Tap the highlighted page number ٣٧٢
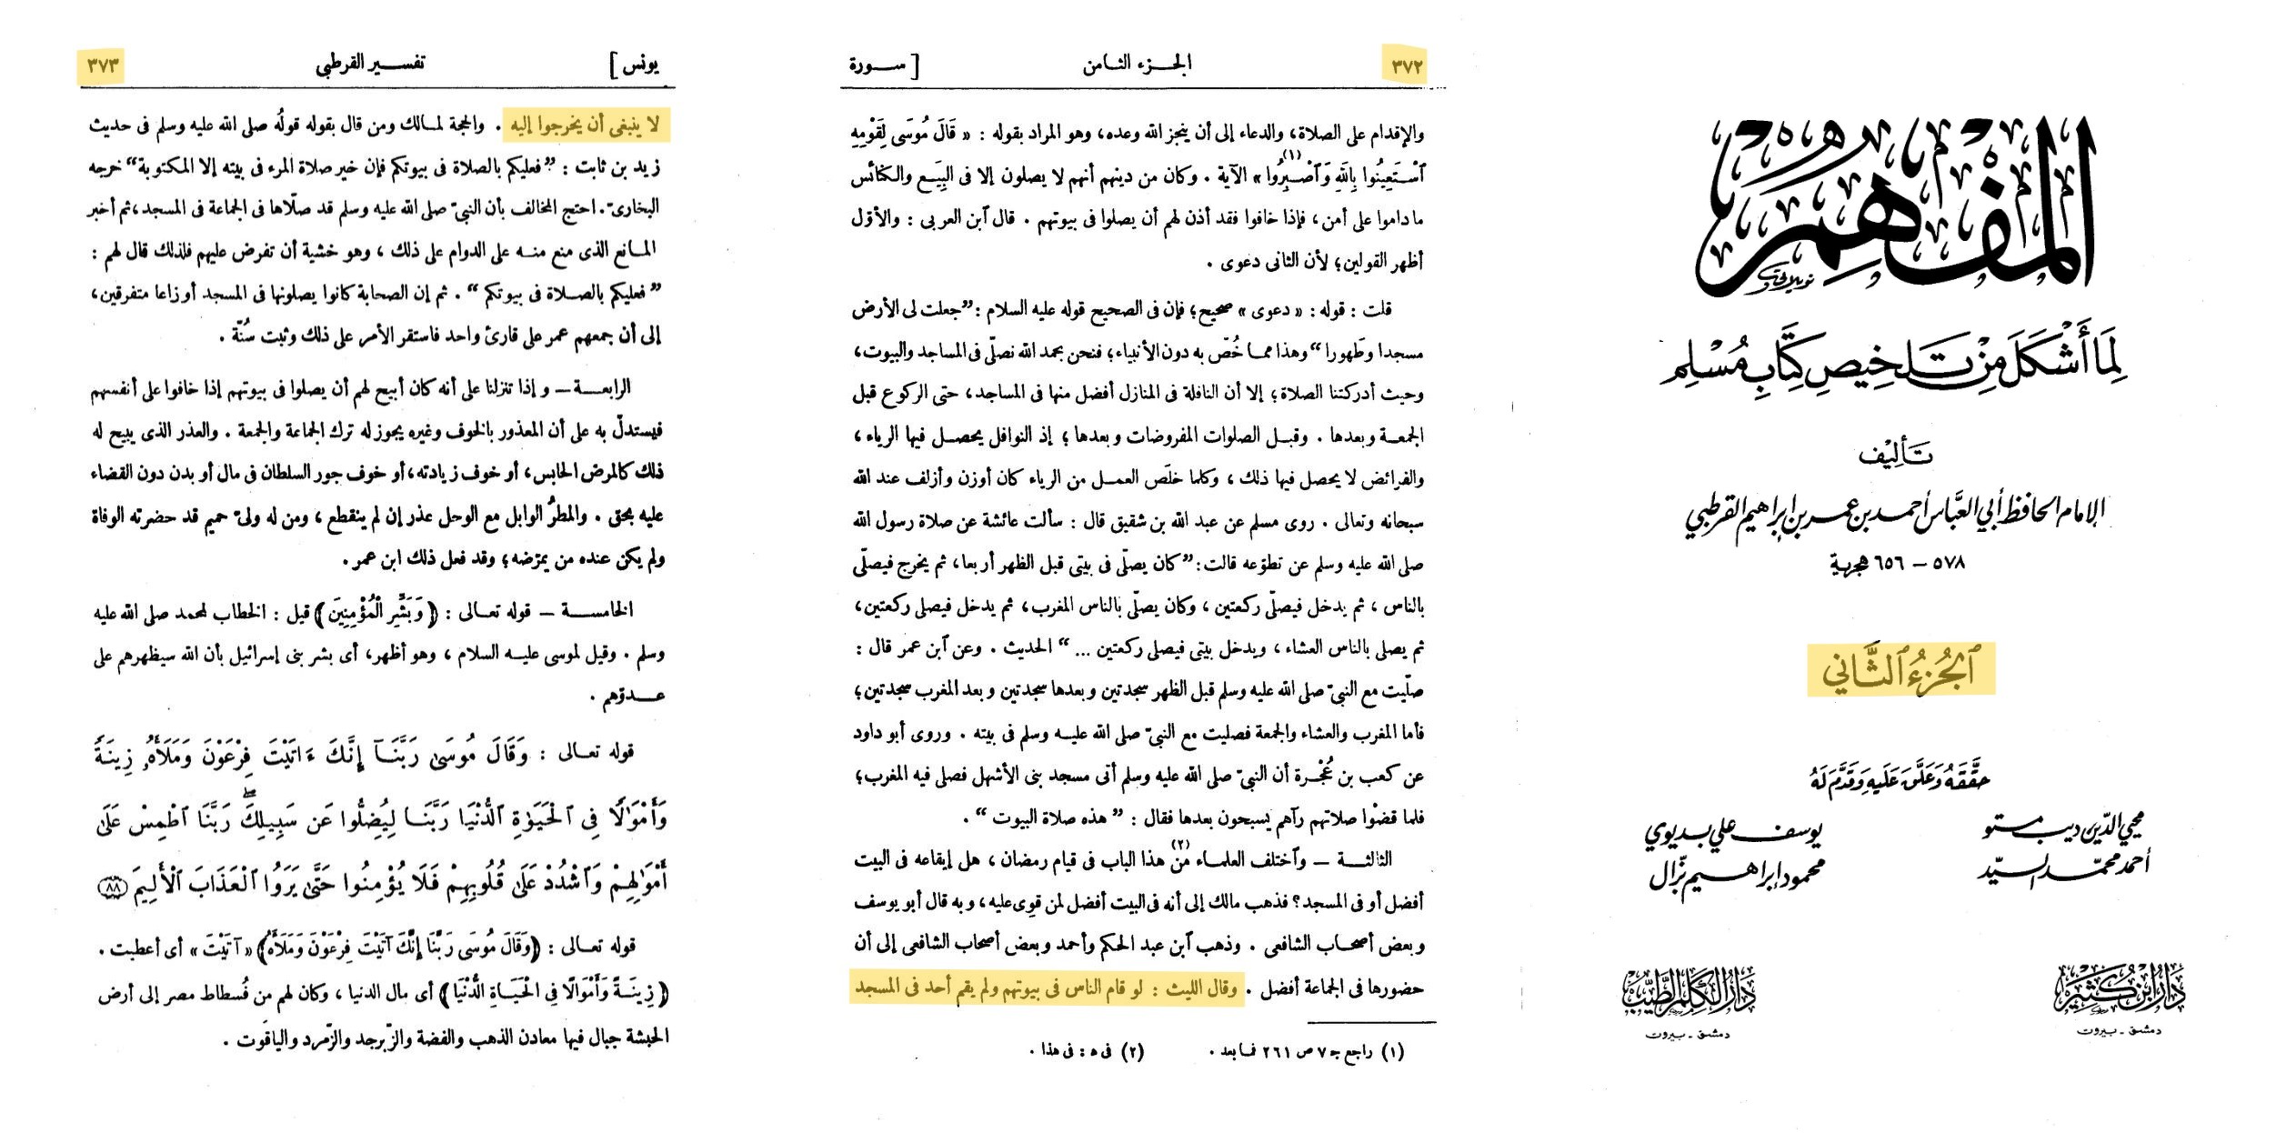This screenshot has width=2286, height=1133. point(1405,65)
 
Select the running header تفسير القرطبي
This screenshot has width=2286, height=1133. point(370,64)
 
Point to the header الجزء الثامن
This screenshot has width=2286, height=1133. point(1137,64)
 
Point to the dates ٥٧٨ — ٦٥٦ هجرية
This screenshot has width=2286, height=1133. point(1898,564)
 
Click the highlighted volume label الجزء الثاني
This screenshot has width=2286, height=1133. point(1900,671)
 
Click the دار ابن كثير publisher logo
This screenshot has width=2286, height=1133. point(2119,991)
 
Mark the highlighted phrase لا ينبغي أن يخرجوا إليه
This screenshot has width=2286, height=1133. point(587,125)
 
